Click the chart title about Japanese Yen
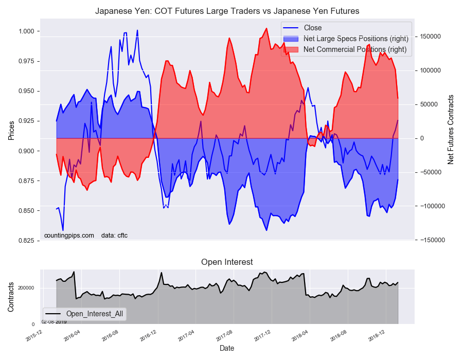[227, 11]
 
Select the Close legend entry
[313, 28]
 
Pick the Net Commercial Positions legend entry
[355, 49]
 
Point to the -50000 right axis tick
[430, 172]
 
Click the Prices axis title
[11, 131]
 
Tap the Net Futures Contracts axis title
[451, 130]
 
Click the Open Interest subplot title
[227, 262]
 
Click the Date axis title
[227, 348]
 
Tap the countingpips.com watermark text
[69, 236]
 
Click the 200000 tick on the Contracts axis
[26, 288]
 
